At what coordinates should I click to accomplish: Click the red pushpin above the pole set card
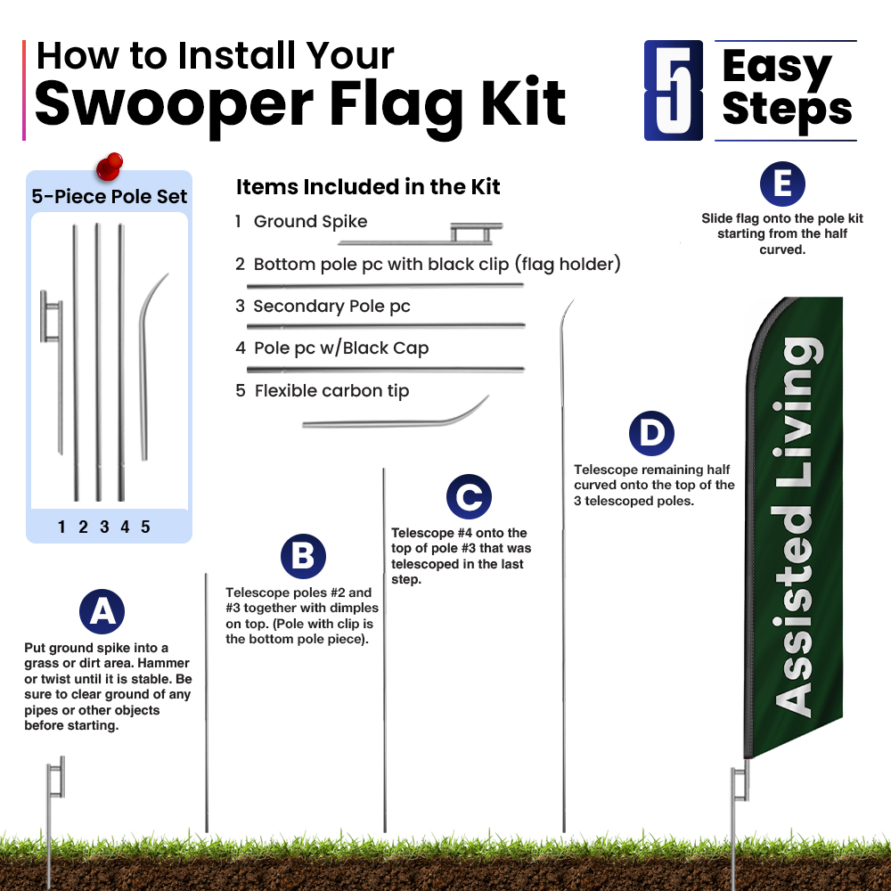tap(109, 167)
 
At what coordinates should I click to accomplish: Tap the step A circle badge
tap(102, 611)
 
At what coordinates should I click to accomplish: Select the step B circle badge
tap(304, 556)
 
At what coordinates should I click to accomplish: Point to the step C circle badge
tap(469, 496)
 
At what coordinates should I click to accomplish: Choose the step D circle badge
tap(652, 434)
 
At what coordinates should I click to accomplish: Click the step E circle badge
tap(782, 184)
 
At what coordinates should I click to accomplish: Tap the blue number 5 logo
tap(674, 90)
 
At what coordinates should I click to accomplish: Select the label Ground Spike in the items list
tap(310, 221)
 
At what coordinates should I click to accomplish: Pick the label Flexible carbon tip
tap(331, 391)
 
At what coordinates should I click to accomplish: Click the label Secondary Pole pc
tap(331, 307)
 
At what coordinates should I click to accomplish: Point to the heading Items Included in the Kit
tap(368, 186)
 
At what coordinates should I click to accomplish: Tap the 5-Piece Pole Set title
tap(109, 196)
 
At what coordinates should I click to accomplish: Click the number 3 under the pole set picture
tap(104, 527)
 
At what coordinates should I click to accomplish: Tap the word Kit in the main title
tap(523, 102)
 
